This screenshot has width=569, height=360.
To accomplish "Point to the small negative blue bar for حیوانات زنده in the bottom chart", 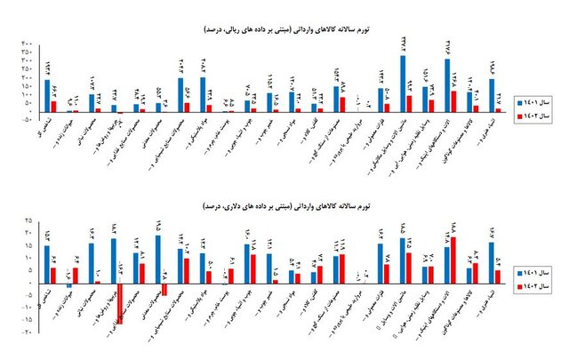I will (69, 285).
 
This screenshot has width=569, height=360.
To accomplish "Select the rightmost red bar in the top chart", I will (499, 110).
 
